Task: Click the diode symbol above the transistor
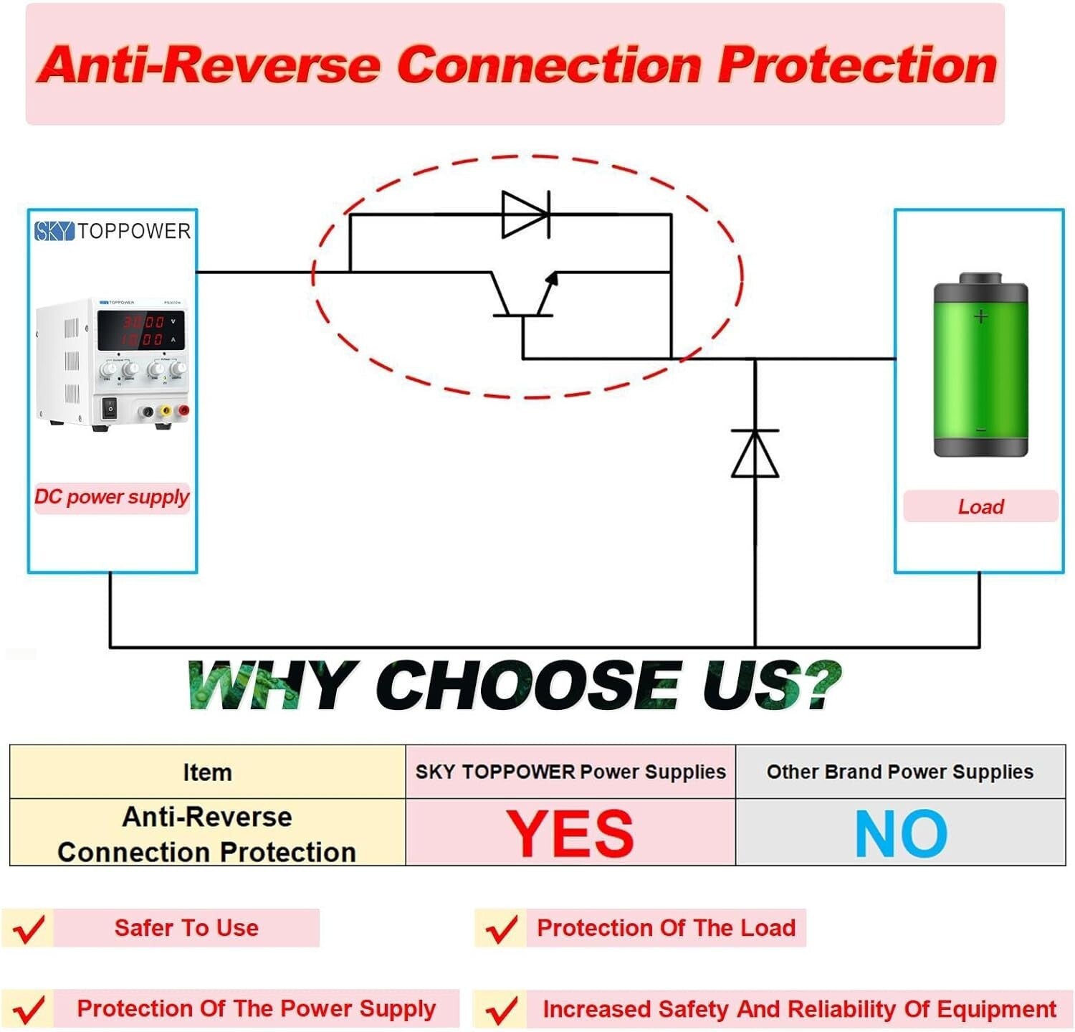(x=525, y=214)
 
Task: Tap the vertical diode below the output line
(x=755, y=454)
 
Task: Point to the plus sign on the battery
(x=980, y=316)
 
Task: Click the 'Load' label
(x=980, y=506)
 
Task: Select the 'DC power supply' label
(x=112, y=497)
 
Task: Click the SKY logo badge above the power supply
(x=54, y=231)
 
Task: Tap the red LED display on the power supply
(x=141, y=331)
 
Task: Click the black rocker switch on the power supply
(x=109, y=408)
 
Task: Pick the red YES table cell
(x=570, y=833)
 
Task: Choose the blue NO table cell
(x=901, y=833)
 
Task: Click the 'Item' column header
(x=207, y=772)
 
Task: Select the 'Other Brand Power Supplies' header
(x=900, y=772)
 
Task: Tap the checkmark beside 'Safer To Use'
(x=29, y=929)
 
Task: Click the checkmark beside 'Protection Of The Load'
(x=502, y=929)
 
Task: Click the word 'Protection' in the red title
(x=857, y=65)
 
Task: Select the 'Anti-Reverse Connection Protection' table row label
(x=207, y=834)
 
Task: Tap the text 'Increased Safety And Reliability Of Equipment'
(x=799, y=1009)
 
